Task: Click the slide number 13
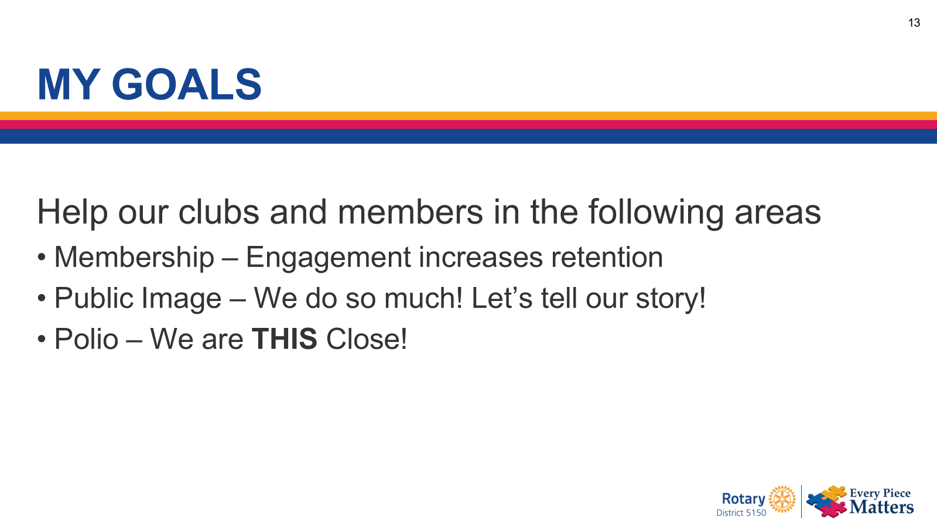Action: [x=914, y=23]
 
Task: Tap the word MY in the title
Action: [x=69, y=85]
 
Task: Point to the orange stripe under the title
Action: [x=468, y=116]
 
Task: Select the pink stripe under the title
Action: [x=468, y=124]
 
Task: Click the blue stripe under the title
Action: [x=468, y=136]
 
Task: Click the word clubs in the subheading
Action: [x=218, y=212]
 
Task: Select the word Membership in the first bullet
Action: [x=134, y=258]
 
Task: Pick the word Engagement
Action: [x=329, y=258]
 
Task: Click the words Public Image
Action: [x=138, y=299]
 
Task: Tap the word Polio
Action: [x=86, y=340]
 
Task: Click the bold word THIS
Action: [x=284, y=340]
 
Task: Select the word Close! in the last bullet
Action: [x=367, y=340]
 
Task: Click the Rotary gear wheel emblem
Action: [x=782, y=499]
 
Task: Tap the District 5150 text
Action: [x=741, y=513]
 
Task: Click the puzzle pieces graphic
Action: [x=827, y=501]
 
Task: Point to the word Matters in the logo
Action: [x=881, y=507]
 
